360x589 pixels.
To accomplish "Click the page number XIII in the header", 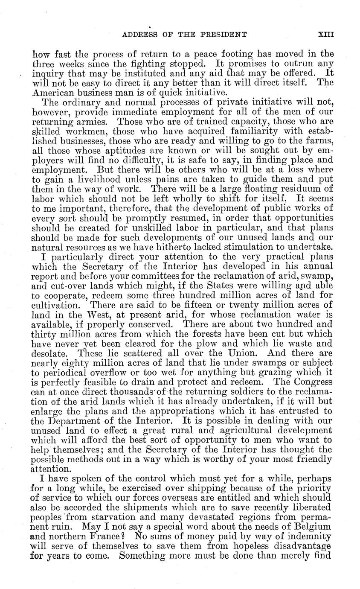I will [x=325, y=35].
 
